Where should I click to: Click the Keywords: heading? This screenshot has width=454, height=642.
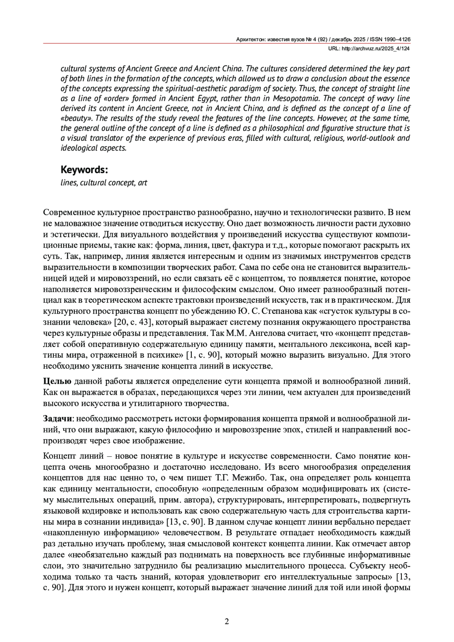click(84, 169)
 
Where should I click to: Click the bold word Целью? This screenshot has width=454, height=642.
click(57, 381)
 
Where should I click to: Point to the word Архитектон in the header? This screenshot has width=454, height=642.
click(251, 39)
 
